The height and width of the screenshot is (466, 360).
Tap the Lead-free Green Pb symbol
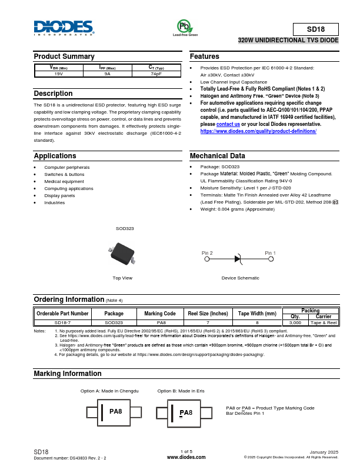coord(185,26)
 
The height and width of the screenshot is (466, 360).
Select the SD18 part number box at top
coord(315,29)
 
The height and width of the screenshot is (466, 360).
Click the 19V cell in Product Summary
coord(58,74)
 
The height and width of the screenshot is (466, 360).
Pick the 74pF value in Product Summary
coord(156,74)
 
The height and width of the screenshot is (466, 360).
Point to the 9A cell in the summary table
coord(107,74)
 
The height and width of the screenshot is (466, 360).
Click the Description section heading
coord(53,94)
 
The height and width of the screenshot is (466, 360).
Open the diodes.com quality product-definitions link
coord(258,131)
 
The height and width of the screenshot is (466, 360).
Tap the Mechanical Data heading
coord(217,156)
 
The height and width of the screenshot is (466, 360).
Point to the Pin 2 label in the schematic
coord(207,253)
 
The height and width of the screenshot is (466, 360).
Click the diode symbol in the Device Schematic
coord(238,258)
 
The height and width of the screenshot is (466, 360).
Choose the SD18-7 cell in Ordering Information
coord(63,322)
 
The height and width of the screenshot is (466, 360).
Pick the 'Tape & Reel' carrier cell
coord(324,322)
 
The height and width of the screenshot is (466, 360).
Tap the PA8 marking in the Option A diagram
coord(116,412)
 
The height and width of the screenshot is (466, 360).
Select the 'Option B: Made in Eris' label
coord(181,391)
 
